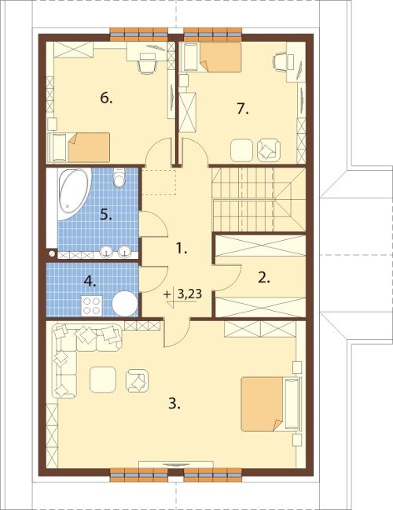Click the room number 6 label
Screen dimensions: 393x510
(x=106, y=98)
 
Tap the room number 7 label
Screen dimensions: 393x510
(x=243, y=109)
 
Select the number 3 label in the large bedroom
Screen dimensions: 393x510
(x=174, y=404)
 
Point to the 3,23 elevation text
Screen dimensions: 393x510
(x=190, y=294)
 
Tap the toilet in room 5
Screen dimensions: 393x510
(x=119, y=177)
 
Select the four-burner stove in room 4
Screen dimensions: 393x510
(x=92, y=305)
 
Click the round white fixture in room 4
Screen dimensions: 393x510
(x=125, y=304)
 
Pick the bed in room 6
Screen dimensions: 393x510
(x=79, y=147)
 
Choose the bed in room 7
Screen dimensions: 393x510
(x=212, y=57)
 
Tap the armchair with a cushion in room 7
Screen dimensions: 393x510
(x=269, y=150)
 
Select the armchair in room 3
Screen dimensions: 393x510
(x=138, y=381)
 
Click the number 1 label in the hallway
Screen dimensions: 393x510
(x=182, y=249)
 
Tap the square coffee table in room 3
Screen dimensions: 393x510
(x=103, y=379)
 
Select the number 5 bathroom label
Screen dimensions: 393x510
(x=106, y=215)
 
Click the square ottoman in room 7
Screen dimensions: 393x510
(x=241, y=150)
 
